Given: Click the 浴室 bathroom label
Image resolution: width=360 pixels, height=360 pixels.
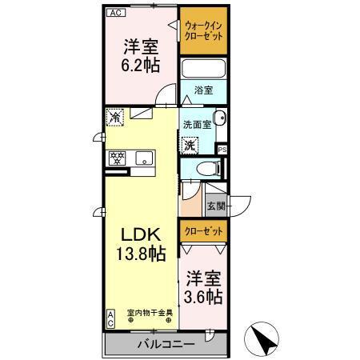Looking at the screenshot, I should coord(203,91).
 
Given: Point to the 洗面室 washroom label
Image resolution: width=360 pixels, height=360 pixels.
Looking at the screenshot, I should coord(196,125).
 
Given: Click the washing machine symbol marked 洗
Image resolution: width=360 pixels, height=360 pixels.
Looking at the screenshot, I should coord(190,145).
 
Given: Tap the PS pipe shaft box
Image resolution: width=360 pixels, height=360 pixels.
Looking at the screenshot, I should coord(222,149).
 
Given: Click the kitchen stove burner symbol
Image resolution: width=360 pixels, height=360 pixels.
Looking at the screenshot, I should coord(117,158).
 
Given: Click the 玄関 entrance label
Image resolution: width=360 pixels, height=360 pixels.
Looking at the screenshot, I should coord(216,206).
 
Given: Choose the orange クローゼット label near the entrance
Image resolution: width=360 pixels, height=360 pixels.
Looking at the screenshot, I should coord(202,230).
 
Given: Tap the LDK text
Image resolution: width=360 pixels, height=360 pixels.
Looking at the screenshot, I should coord(141,234).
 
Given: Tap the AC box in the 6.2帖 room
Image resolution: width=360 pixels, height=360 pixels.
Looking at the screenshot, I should coord(115,13).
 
